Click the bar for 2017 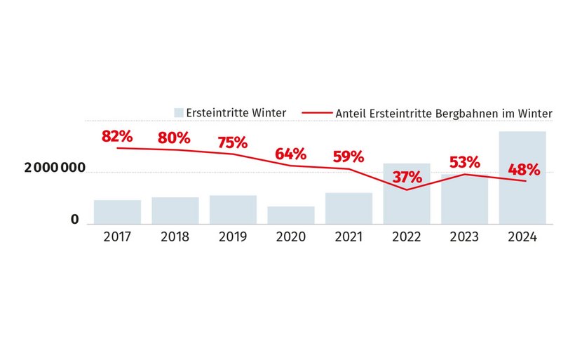click(117, 212)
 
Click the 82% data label click(117, 136)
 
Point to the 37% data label click(407, 178)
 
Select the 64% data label click(290, 154)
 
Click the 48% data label click(523, 169)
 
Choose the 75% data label click(233, 142)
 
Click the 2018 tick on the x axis click(175, 237)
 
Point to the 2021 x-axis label click(349, 237)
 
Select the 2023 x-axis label click(464, 237)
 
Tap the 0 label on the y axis click(74, 220)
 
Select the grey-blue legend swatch click(179, 112)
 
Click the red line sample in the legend click(318, 112)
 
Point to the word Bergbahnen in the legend click(477, 112)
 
